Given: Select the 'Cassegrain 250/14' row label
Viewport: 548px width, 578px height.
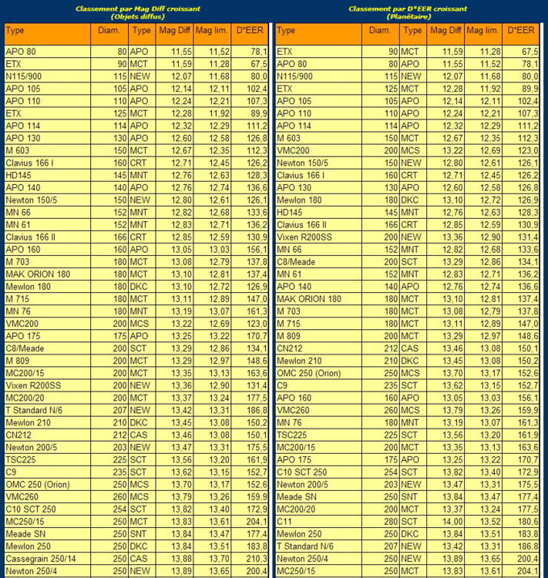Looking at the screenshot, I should (x=41, y=558).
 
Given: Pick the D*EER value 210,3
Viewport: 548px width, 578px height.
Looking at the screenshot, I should (x=255, y=558).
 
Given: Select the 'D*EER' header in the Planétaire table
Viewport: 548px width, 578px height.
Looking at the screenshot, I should (x=523, y=31).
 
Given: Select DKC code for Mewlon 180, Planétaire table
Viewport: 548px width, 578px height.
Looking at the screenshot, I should (x=411, y=200).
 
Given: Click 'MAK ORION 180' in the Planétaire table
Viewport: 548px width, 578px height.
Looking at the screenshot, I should (x=309, y=298).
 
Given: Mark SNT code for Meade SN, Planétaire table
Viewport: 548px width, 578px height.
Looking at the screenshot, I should (x=411, y=496).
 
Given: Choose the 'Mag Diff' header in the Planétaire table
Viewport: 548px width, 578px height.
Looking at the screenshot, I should (x=445, y=31).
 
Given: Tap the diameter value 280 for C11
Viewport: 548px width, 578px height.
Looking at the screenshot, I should (x=390, y=521).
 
